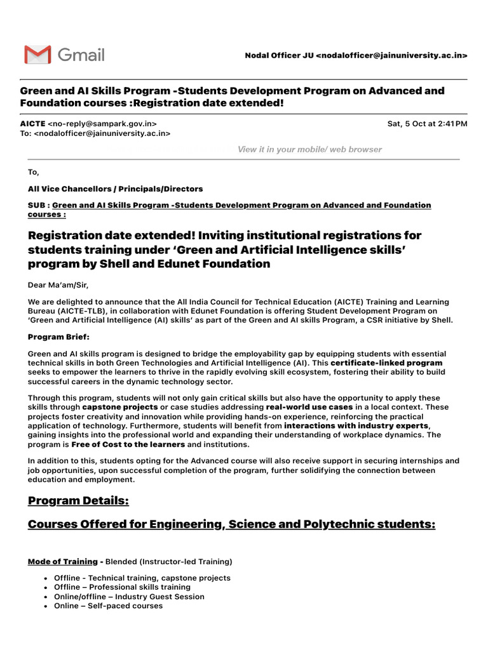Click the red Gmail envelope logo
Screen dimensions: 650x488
(x=37, y=55)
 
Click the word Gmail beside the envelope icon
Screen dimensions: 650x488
(x=81, y=55)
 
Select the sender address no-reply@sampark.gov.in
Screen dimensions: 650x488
(x=102, y=124)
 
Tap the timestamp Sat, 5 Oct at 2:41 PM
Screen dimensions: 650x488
(x=427, y=124)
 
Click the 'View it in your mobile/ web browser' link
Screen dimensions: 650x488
(x=309, y=150)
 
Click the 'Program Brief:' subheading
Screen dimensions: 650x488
(x=59, y=336)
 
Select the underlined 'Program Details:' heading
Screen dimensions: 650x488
(x=78, y=501)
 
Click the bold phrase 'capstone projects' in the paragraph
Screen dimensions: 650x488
(x=120, y=406)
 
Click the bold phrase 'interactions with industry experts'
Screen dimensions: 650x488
(x=356, y=425)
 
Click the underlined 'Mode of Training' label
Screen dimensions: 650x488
(x=63, y=562)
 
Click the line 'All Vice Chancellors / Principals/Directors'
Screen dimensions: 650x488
(x=116, y=189)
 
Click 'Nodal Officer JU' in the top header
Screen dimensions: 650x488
(x=278, y=56)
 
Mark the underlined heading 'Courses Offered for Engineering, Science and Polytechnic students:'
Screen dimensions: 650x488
(x=231, y=524)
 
